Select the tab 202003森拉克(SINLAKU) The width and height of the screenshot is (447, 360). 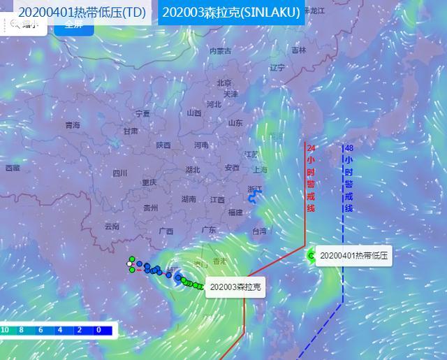(230, 13)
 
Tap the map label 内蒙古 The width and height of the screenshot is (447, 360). (220, 51)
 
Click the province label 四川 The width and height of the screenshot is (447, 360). (120, 173)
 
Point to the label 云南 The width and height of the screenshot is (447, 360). (112, 226)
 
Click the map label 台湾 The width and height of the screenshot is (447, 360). (259, 231)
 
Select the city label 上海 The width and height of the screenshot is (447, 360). (260, 169)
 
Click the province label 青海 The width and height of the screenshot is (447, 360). (73, 125)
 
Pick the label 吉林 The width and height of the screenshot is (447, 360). (299, 50)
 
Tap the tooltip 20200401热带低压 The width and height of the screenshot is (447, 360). (353, 256)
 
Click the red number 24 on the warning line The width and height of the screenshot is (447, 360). (311, 148)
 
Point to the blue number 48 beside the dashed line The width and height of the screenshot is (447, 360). (349, 148)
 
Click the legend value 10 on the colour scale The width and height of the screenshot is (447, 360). (5, 330)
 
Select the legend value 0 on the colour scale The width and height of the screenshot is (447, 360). (98, 330)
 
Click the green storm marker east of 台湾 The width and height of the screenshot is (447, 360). (312, 257)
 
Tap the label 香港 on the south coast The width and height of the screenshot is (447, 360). (220, 261)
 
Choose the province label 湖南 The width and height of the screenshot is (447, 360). (189, 199)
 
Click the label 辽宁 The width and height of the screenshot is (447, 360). (277, 68)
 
